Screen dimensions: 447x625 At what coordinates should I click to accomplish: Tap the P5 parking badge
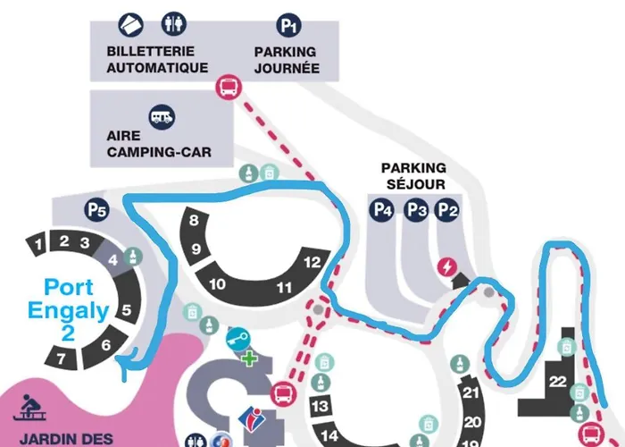tap(97, 211)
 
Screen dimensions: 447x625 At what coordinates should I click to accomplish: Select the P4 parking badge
tap(383, 210)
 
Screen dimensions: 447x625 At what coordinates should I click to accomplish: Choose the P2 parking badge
tap(448, 210)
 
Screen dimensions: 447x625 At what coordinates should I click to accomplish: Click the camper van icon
tap(162, 115)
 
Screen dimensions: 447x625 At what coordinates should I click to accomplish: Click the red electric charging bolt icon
tap(446, 266)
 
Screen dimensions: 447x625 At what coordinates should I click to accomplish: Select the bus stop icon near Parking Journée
tap(227, 87)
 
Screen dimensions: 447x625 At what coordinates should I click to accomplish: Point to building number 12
tap(312, 263)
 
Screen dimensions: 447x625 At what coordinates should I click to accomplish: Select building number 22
tap(558, 382)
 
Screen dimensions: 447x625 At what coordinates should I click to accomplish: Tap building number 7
tap(61, 360)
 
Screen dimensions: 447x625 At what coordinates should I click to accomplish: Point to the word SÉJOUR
tap(413, 184)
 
